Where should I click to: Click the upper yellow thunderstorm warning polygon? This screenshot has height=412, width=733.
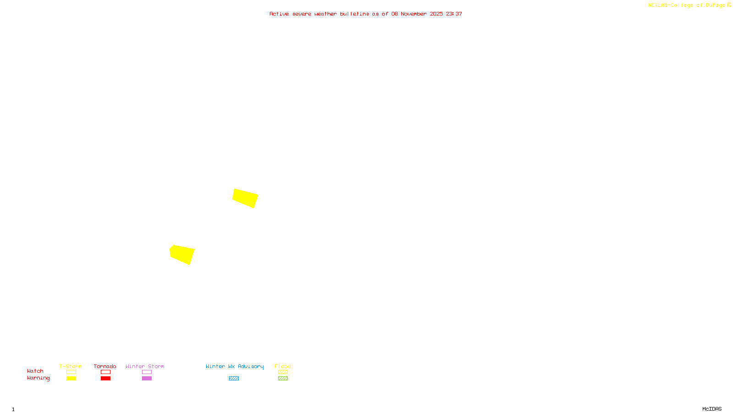pos(245,198)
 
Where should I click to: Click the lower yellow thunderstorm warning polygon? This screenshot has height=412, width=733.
pos(182,254)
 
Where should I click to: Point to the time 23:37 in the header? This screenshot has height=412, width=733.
pos(454,14)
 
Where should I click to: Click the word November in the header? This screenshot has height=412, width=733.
pos(414,14)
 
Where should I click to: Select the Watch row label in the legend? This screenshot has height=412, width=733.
pos(35,371)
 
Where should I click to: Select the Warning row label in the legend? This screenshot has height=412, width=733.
pos(38,378)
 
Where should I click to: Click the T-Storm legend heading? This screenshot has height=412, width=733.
pos(71,366)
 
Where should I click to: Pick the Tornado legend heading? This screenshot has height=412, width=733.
pos(105,366)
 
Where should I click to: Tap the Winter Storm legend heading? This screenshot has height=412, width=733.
pos(145,366)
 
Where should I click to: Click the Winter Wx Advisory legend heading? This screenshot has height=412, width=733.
pos(235,366)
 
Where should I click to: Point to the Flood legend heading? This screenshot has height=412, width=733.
pos(283,366)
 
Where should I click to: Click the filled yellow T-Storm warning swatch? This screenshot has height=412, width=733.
pos(71,379)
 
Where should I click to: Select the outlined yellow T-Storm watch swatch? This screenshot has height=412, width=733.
pos(71,372)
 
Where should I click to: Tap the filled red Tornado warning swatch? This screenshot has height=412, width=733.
pos(105,379)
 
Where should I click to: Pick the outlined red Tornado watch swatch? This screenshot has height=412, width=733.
pos(105,372)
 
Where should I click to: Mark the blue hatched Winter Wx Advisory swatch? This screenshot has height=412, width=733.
pos(234,379)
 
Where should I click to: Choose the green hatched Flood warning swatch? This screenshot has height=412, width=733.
pos(283,379)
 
